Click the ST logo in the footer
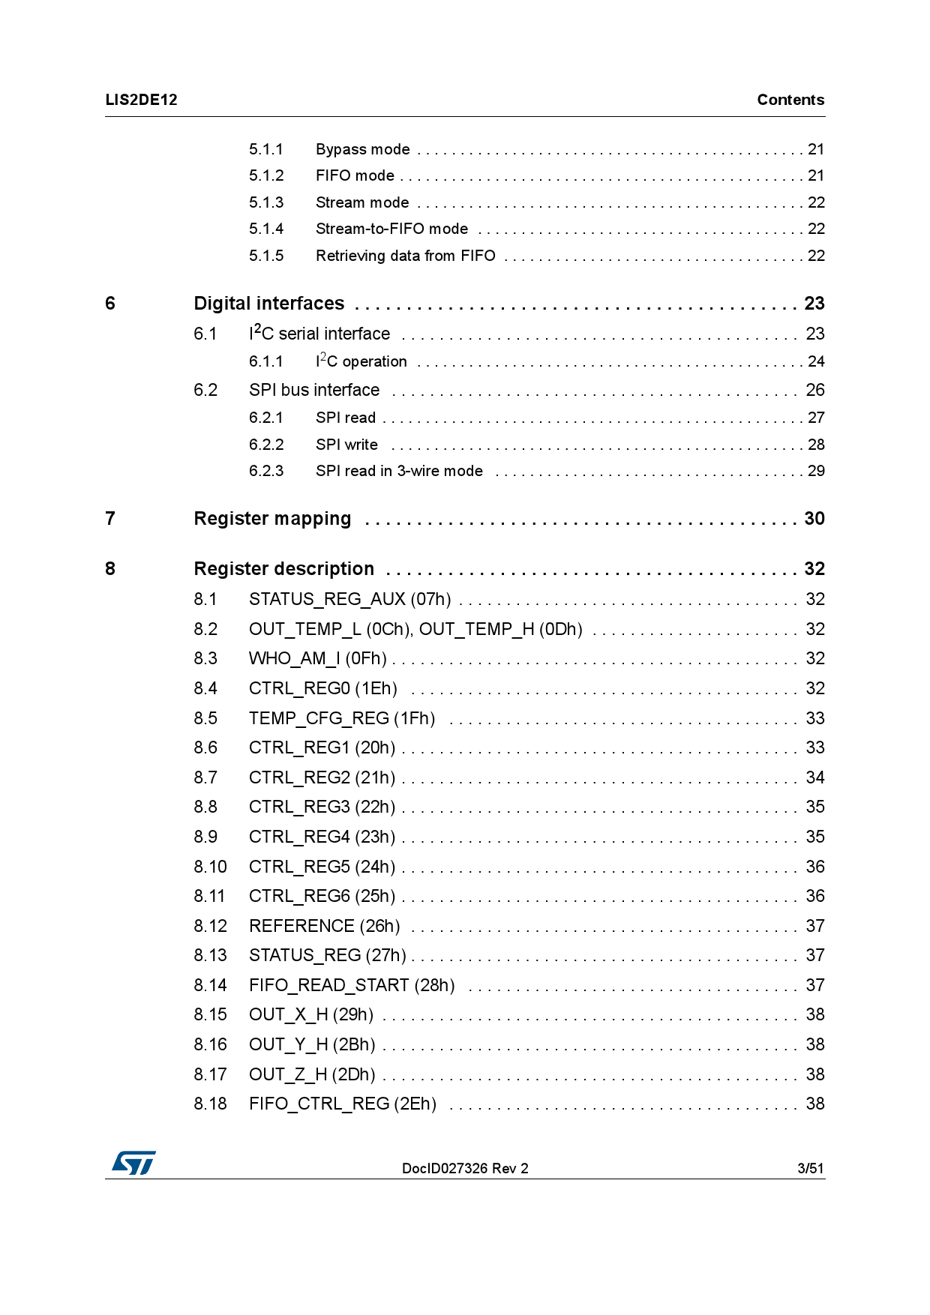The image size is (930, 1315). click(134, 1163)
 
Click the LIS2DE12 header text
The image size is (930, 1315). click(141, 100)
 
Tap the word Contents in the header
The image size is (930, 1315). click(790, 100)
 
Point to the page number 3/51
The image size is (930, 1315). click(810, 1168)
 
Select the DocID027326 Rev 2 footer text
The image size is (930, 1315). click(465, 1168)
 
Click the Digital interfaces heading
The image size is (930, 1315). click(268, 304)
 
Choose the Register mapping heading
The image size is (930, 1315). click(272, 519)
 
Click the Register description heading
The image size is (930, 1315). click(283, 569)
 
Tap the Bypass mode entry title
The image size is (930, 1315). click(362, 149)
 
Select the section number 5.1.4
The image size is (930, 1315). click(266, 229)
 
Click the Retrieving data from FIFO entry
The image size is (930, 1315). click(405, 256)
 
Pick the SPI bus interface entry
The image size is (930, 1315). click(314, 390)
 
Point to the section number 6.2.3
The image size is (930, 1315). click(266, 471)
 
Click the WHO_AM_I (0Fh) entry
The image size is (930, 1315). click(317, 658)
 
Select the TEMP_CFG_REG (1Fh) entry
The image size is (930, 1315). click(341, 718)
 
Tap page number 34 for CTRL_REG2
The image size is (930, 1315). click(814, 777)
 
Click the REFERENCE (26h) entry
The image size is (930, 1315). click(324, 926)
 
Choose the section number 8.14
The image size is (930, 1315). click(210, 985)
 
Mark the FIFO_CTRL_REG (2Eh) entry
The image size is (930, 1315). click(342, 1104)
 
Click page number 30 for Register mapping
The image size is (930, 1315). click(814, 519)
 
